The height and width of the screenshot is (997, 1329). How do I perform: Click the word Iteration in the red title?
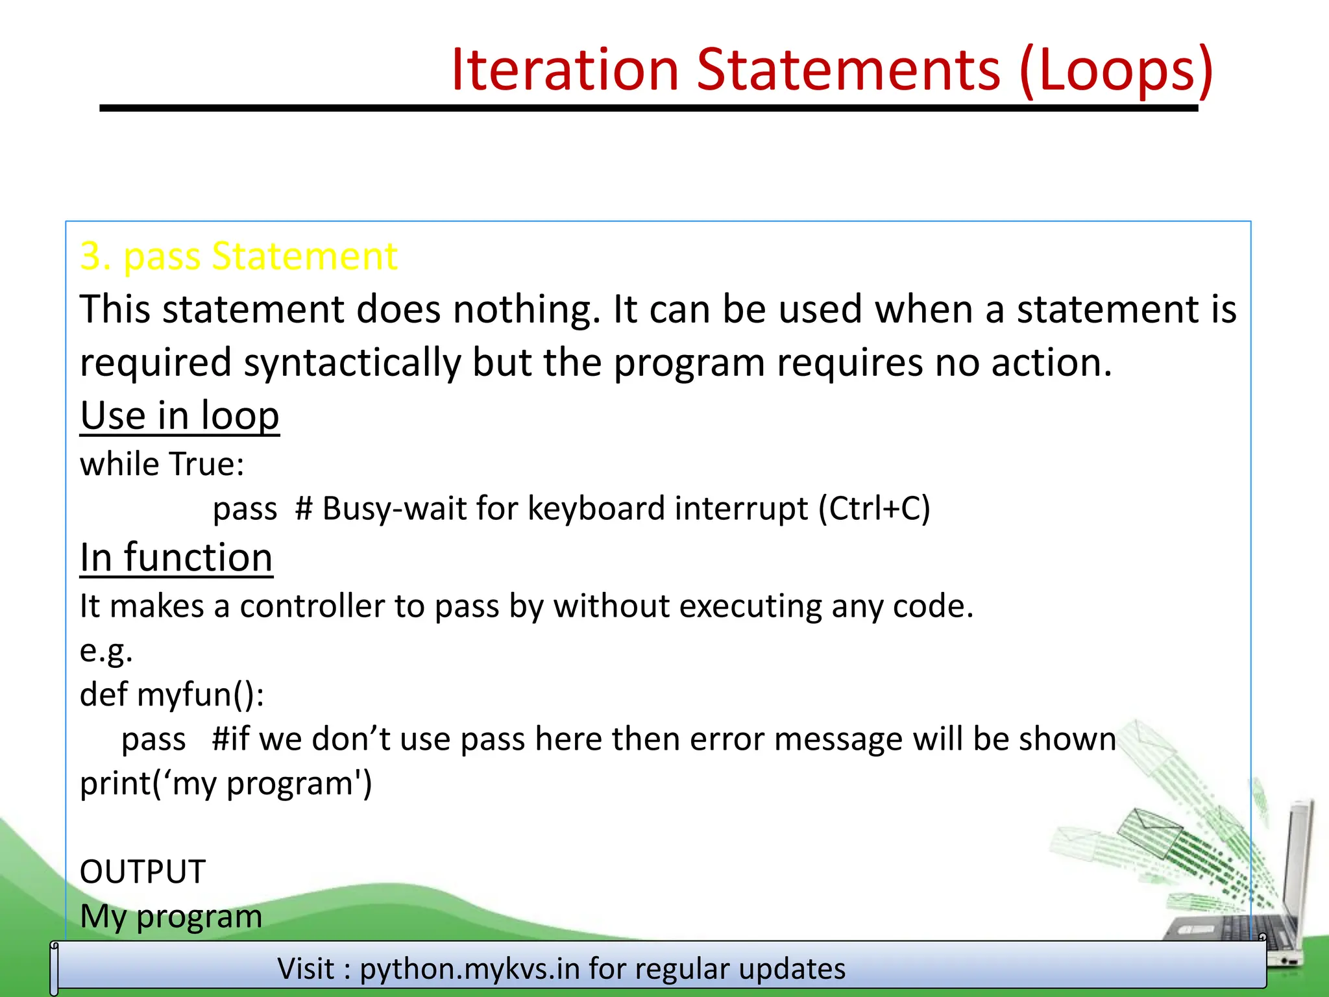tap(565, 69)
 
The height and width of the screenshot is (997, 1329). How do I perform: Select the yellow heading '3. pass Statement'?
tap(238, 256)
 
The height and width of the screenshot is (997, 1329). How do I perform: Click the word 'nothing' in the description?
tap(526, 309)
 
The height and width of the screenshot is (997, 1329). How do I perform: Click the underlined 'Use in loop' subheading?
tap(180, 415)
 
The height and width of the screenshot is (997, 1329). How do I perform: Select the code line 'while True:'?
tap(162, 464)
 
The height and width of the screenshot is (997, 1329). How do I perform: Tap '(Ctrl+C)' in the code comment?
tap(874, 508)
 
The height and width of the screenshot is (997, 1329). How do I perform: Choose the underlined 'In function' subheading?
tap(176, 558)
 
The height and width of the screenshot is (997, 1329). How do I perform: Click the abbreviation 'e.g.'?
tap(106, 650)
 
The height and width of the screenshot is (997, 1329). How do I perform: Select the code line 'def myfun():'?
tap(172, 695)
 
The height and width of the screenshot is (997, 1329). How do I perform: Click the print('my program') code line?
tap(226, 783)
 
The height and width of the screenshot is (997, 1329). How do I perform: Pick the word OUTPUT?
tap(143, 872)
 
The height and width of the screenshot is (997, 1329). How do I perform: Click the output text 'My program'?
tap(171, 917)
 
